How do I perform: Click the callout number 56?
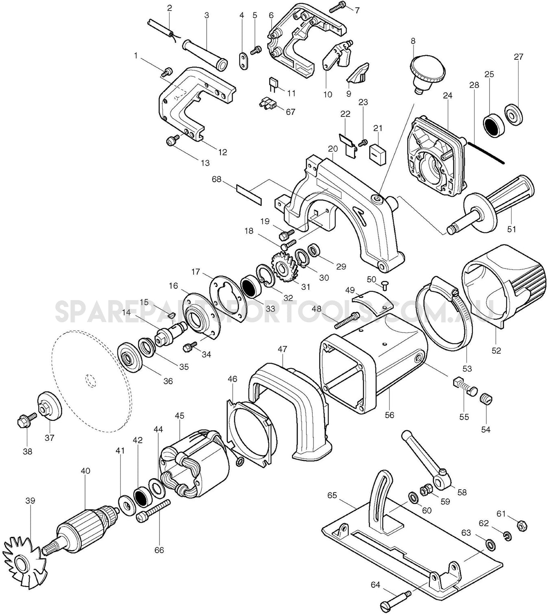click(389, 415)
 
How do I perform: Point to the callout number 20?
click(333, 149)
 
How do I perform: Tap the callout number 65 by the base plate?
click(332, 495)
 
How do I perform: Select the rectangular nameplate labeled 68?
click(249, 195)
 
